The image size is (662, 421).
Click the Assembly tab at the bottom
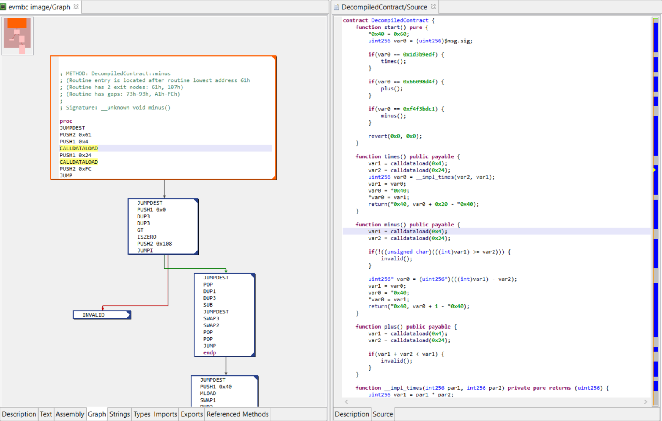coord(70,414)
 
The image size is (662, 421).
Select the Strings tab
coord(119,414)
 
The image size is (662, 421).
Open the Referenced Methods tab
coord(237,414)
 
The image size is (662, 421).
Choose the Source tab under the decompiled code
coord(383,414)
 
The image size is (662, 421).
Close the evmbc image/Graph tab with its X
coord(76,7)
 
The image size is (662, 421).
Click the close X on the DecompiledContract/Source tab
coord(433,7)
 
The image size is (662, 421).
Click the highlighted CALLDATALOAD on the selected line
coord(79,148)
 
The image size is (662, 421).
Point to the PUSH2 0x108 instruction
coord(154,244)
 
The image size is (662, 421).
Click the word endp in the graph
coord(210,352)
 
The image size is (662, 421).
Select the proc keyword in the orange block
coord(66,121)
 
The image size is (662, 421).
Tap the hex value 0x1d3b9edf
coord(419,55)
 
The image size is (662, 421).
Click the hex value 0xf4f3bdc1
coord(419,109)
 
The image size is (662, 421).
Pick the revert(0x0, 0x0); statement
coord(395,136)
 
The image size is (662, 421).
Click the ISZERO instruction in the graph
coord(147,237)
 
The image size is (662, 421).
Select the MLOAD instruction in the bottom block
coord(208,393)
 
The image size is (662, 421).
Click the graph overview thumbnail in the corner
coord(18,36)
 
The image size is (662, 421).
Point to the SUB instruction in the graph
coord(208,305)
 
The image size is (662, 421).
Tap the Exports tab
coord(191,414)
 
